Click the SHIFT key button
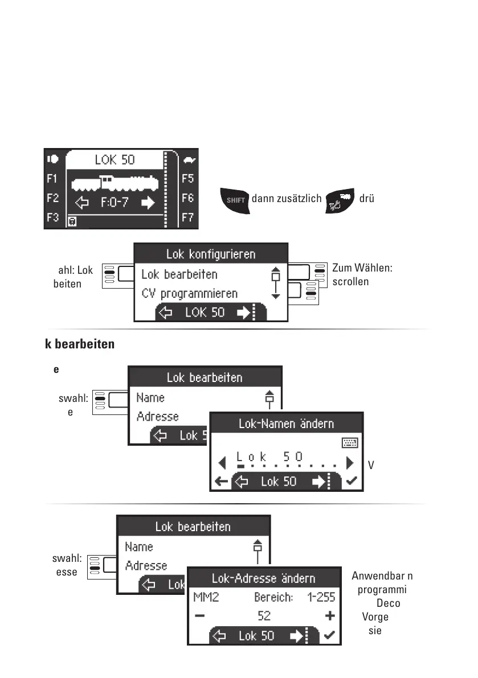tap(235, 200)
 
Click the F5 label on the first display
tap(187, 179)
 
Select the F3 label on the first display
tap(52, 218)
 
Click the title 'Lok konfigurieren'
tap(211, 254)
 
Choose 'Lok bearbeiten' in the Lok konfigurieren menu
tap(179, 274)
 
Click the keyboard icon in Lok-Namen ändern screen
tap(349, 443)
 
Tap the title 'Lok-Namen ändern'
tap(286, 424)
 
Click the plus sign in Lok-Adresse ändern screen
tap(330, 616)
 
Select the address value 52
tap(264, 616)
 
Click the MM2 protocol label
tap(203, 597)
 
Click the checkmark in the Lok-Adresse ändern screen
tap(329, 636)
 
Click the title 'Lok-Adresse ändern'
tap(263, 578)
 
